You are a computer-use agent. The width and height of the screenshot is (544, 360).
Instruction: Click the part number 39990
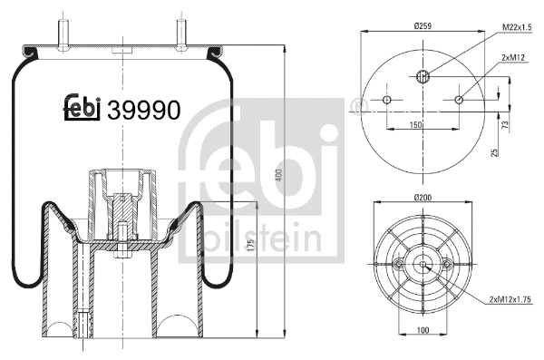tap(144, 109)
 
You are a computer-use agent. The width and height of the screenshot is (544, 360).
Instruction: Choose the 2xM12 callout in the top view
tap(512, 57)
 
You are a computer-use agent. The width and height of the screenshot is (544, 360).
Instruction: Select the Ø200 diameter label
tap(423, 197)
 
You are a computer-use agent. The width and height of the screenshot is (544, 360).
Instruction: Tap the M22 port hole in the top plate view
tap(423, 75)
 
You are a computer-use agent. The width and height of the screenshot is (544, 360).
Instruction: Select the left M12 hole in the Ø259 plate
tap(387, 99)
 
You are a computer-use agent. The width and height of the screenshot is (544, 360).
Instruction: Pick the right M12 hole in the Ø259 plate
tap(459, 99)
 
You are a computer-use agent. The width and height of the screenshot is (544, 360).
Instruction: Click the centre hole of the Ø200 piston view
tap(423, 264)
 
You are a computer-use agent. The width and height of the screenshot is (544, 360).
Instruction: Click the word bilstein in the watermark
tap(262, 238)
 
